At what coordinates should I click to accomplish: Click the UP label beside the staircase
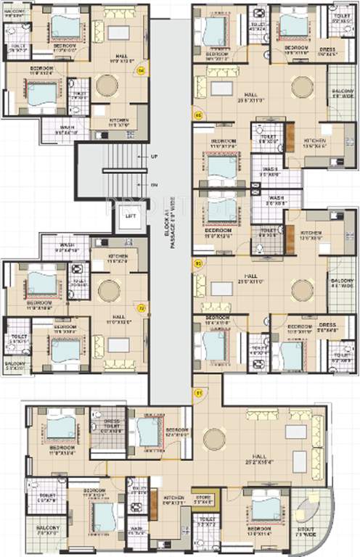[x=154, y=157]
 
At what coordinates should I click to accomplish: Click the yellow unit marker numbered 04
[x=142, y=70]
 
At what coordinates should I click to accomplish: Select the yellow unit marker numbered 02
[x=142, y=308]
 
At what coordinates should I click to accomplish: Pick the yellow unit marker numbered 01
[x=199, y=393]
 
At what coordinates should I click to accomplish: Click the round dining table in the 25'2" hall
[x=214, y=439]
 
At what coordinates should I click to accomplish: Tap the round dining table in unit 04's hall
[x=107, y=85]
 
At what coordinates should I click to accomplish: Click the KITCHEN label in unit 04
[x=119, y=122]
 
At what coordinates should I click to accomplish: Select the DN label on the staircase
[x=154, y=185]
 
